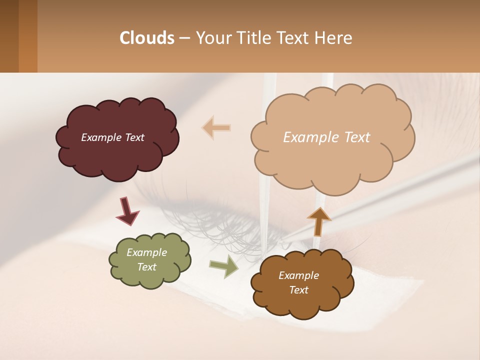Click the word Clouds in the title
[x=147, y=38]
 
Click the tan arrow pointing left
[x=216, y=127]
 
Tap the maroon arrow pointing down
[x=127, y=210]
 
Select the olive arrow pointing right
[x=224, y=266]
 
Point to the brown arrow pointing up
[x=319, y=221]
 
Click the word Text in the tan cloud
[x=353, y=137]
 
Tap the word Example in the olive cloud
[x=147, y=252]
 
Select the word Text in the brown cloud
[x=299, y=290]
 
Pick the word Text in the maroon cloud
[x=134, y=137]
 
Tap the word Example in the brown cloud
[x=299, y=275]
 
